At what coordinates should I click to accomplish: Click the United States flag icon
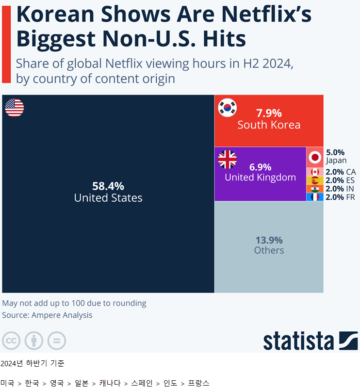coord(15,108)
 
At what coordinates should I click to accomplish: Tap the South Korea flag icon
coord(227,108)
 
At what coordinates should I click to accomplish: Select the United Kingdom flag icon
coord(227,159)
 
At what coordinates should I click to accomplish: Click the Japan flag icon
coord(315,157)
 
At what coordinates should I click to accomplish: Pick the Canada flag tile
coord(315,172)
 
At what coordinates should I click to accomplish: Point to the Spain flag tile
coord(315,180)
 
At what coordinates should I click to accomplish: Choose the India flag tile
coord(315,189)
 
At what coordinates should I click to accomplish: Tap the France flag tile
coord(315,197)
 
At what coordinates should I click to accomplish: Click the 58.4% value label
coord(108,186)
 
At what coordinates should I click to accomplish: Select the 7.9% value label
coord(269,113)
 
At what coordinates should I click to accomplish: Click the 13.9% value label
coord(269,240)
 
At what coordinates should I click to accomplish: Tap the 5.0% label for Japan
coord(335,152)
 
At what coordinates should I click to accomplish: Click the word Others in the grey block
coord(269,250)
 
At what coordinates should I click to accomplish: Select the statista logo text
coord(299,341)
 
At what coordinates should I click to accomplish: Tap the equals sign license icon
coord(57,341)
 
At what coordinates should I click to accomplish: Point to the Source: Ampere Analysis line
coord(47,315)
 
